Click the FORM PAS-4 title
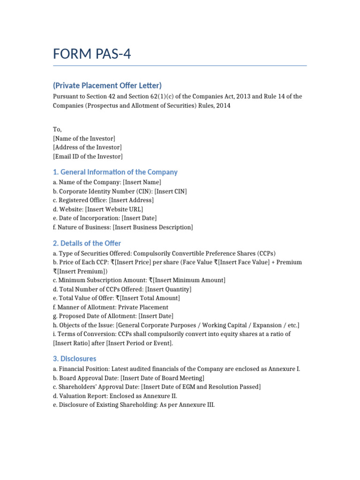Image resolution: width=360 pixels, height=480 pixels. click(x=92, y=54)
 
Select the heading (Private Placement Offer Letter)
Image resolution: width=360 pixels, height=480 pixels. click(x=107, y=85)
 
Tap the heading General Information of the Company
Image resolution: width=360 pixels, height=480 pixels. click(x=115, y=172)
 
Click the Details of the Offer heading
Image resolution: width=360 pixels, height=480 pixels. click(x=87, y=243)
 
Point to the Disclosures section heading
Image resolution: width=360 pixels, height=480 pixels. click(x=75, y=359)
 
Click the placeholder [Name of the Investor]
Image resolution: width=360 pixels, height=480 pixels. click(x=84, y=138)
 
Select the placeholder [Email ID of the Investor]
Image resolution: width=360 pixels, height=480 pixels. click(x=88, y=157)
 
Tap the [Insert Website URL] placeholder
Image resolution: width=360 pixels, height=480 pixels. click(x=114, y=209)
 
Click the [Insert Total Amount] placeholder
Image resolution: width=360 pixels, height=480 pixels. click(x=150, y=298)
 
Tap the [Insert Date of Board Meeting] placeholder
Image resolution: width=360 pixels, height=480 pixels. click(x=162, y=378)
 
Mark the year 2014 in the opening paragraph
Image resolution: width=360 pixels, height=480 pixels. click(x=223, y=105)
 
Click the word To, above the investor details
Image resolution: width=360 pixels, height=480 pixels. click(x=57, y=129)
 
